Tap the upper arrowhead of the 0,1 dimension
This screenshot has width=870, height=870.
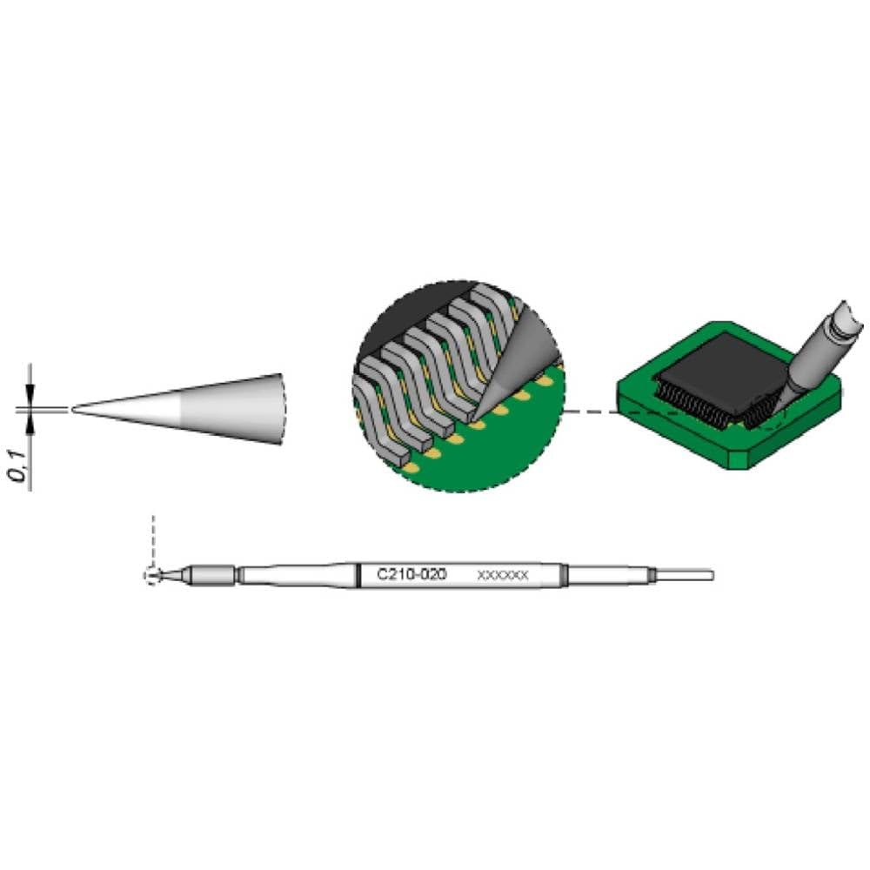31,395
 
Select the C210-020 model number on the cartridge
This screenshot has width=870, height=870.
411,575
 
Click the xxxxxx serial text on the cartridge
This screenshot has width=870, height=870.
503,576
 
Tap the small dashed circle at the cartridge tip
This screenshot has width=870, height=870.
152,575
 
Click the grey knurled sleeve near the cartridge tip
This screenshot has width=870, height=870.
212,575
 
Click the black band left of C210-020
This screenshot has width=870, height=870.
358,575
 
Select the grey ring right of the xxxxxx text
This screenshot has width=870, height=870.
564,575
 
